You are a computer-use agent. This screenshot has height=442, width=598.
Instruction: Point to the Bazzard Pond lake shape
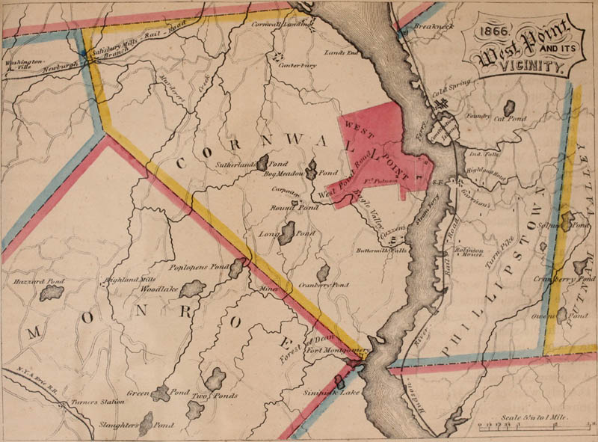53,293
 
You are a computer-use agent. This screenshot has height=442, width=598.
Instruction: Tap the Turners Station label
87,402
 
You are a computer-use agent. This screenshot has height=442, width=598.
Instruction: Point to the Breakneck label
434,25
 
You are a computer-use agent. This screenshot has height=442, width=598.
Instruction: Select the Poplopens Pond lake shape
237,266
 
